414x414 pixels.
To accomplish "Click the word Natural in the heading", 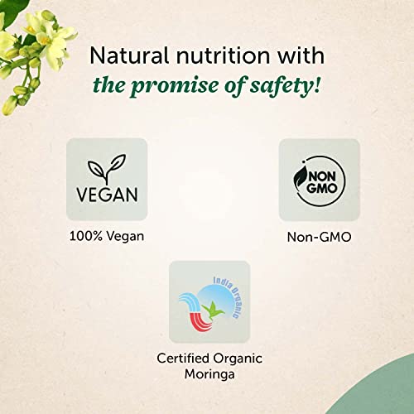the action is pyautogui.click(x=129, y=55).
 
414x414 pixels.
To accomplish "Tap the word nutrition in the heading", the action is pyautogui.click(x=224, y=55).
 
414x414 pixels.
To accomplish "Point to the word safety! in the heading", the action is pyautogui.click(x=286, y=85).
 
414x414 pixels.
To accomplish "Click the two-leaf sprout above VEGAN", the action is pyautogui.click(x=107, y=168).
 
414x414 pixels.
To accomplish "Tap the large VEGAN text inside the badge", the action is pyautogui.click(x=107, y=195).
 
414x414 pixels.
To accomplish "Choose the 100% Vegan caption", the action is pyautogui.click(x=107, y=237).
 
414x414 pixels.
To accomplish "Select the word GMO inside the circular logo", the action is pyautogui.click(x=322, y=188).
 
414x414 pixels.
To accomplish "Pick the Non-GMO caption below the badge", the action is pyautogui.click(x=320, y=237).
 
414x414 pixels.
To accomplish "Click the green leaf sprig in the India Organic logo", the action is pyautogui.click(x=214, y=310).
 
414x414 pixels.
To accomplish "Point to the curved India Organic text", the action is pyautogui.click(x=229, y=295).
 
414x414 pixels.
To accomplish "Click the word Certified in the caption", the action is pyautogui.click(x=183, y=359).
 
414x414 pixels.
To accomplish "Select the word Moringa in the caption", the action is pyautogui.click(x=209, y=375).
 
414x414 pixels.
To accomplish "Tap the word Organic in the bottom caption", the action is pyautogui.click(x=238, y=359).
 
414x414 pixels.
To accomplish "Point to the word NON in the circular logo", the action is pyautogui.click(x=322, y=177).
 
